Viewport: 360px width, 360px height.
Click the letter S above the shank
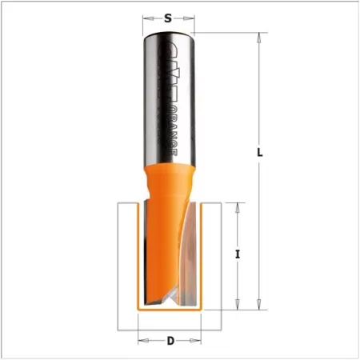(x=168, y=17)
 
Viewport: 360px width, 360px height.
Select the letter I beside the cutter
(x=238, y=254)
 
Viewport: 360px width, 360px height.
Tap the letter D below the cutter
(x=170, y=342)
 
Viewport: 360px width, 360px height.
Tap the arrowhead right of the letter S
(x=192, y=17)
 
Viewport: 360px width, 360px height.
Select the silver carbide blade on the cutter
(x=186, y=264)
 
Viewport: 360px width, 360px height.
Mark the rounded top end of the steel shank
(x=169, y=34)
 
